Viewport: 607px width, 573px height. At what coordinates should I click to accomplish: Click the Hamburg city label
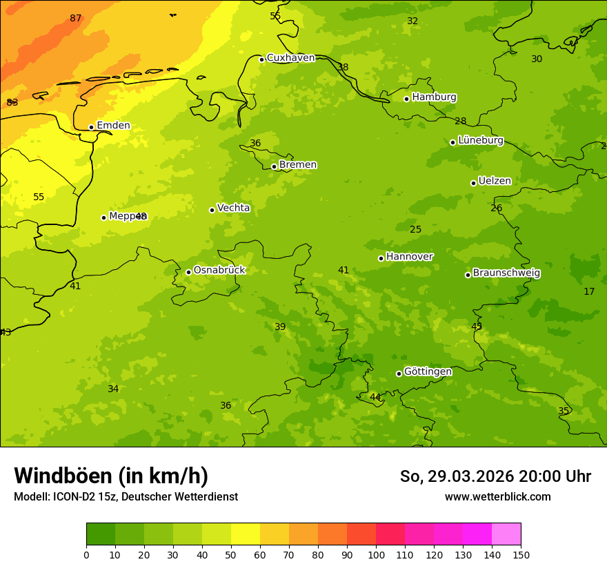(434, 97)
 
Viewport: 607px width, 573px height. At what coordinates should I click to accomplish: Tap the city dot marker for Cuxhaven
(261, 59)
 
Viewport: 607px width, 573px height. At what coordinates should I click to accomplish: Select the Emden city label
(113, 126)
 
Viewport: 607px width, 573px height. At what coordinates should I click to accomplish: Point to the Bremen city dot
(274, 166)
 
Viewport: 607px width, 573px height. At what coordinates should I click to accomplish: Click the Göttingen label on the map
(428, 372)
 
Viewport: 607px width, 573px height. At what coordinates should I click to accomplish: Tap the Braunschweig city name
(506, 273)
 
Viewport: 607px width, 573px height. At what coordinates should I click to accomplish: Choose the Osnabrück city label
(219, 271)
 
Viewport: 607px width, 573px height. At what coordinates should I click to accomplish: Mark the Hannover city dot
(381, 258)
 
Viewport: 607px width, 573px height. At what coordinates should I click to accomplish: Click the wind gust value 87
(76, 18)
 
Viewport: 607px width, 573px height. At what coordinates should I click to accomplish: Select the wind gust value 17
(589, 292)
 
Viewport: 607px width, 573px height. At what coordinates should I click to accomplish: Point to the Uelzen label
(495, 182)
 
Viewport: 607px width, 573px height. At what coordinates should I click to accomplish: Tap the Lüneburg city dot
(452, 142)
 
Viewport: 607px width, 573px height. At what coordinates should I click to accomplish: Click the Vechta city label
(233, 208)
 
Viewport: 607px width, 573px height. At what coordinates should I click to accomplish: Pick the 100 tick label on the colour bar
(376, 555)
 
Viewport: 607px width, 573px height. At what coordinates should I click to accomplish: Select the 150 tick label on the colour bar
(521, 555)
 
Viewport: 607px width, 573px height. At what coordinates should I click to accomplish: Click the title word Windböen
(63, 476)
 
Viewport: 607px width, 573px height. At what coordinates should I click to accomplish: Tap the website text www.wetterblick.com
(497, 497)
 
